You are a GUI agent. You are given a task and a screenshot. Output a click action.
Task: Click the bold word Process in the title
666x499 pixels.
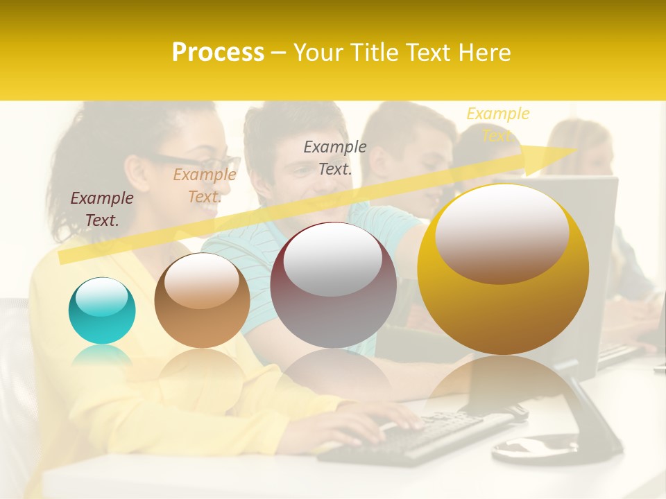[x=218, y=53]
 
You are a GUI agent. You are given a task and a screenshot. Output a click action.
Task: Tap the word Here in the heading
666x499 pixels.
[x=484, y=53]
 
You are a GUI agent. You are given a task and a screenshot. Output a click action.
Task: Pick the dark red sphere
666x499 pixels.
[x=333, y=285]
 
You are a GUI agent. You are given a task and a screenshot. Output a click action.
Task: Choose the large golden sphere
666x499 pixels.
[x=503, y=270]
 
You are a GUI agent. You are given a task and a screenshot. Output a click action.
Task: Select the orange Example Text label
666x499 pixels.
[x=205, y=186]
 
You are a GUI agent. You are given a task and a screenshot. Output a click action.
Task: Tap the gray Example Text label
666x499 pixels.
[x=335, y=157]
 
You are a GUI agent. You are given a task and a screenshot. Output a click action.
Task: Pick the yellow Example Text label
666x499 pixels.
[x=497, y=124]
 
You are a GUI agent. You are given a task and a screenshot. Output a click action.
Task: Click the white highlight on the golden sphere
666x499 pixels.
[x=502, y=233]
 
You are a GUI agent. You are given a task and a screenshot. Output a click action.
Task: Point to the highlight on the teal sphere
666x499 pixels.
[x=102, y=297]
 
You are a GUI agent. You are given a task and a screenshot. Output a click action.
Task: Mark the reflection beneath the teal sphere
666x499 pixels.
[x=102, y=356]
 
